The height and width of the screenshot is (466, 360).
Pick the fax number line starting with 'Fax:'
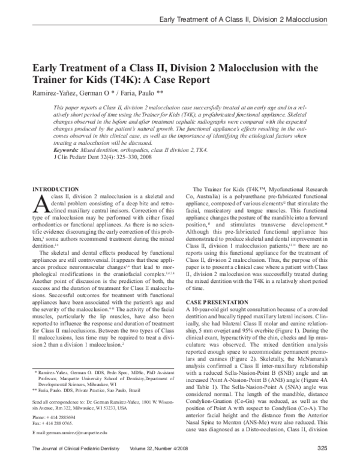pos(53,422)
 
